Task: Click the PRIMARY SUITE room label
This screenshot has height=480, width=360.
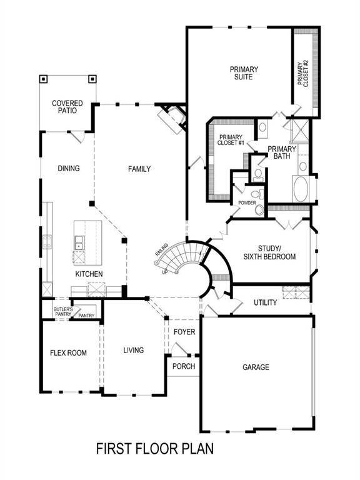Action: pos(244,74)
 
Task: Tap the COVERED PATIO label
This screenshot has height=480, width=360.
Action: pos(65,107)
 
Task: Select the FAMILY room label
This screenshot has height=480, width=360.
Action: pos(139,169)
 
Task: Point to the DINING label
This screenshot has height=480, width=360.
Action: pos(68,169)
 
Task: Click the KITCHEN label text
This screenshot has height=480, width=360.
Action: pos(89,274)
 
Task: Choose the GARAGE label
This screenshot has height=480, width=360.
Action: pos(256,367)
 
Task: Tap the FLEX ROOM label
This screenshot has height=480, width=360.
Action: pos(68,353)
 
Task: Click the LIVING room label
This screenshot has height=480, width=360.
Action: pos(133,351)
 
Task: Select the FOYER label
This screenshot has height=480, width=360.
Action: pos(184,332)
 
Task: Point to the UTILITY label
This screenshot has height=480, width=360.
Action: pos(265,303)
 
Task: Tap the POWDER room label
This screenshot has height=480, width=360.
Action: pos(247,203)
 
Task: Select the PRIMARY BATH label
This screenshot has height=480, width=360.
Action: pos(282,152)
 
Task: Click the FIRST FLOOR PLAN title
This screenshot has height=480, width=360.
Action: pos(155,449)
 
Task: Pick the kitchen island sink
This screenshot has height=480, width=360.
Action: pos(80,242)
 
